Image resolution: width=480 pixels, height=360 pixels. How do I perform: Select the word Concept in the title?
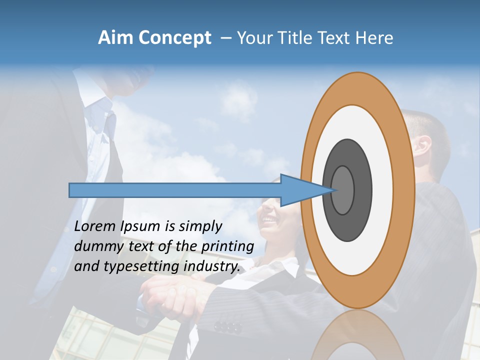pos(175,38)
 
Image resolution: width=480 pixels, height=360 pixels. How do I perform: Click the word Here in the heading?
pos(374,38)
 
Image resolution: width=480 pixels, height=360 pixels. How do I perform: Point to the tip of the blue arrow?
pos(333,190)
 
